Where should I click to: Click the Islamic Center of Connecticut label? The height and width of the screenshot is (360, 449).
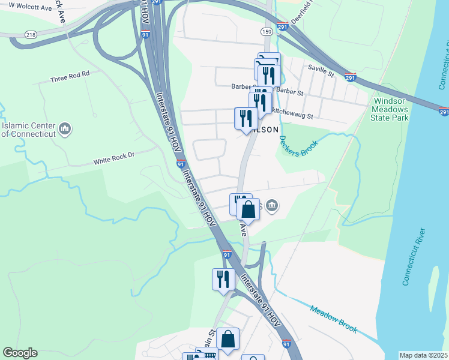coord(28,130)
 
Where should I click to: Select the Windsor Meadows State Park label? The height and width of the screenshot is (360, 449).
coord(390,109)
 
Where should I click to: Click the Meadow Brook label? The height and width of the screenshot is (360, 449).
coord(333,319)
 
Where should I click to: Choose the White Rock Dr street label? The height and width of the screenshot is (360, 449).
coord(114,162)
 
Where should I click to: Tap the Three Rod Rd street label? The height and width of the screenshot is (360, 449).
coord(70,78)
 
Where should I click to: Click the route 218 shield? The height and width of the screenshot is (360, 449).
coord(31,35)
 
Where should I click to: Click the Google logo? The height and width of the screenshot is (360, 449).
coord(20,353)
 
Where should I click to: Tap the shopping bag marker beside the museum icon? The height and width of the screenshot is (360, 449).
coord(248,209)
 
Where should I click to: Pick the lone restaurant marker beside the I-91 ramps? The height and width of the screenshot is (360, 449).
coord(223,279)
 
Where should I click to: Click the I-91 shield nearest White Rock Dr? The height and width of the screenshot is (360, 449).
coord(181,163)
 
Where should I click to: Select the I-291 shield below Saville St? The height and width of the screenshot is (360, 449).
coord(351,77)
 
